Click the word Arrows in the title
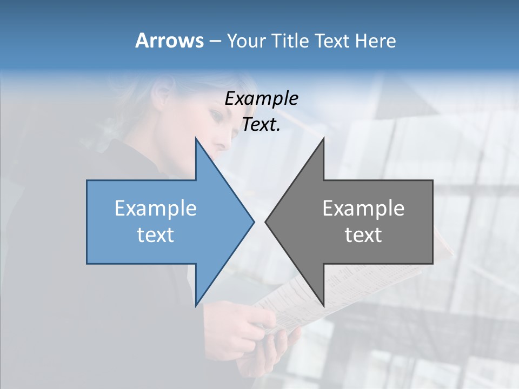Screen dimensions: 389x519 click(169, 41)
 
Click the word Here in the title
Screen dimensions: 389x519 click(375, 41)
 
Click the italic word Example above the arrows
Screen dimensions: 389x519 click(262, 98)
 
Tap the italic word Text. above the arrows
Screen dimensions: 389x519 click(261, 125)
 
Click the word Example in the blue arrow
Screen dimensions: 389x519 click(156, 209)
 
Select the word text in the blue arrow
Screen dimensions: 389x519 click(156, 235)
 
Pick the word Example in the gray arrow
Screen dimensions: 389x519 click(363, 209)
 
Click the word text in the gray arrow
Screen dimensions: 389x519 click(363, 235)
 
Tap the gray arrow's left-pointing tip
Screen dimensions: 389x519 click(266, 222)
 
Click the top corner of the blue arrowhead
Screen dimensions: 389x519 click(196, 139)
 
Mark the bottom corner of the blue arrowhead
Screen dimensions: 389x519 click(196, 305)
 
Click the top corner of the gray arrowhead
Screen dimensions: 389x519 click(323, 139)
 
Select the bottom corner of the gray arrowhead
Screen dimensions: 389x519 click(323, 305)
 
